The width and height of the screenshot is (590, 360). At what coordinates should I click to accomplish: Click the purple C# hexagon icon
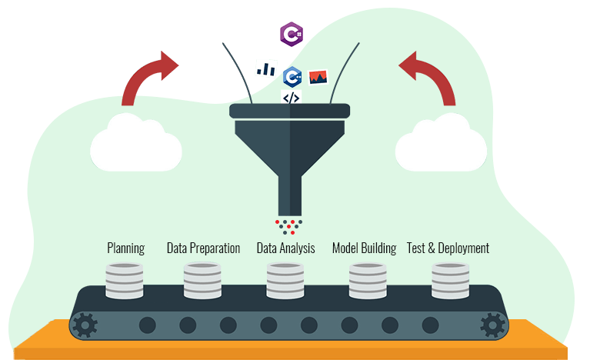[x=292, y=35]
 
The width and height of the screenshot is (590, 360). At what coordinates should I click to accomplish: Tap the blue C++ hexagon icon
[x=292, y=77]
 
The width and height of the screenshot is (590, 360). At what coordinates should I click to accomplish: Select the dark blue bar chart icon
[x=266, y=68]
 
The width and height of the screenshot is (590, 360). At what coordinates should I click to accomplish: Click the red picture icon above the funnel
[x=318, y=77]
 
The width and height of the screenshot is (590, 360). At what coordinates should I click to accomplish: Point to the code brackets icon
[x=292, y=98]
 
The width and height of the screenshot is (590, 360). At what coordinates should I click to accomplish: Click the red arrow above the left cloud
[x=142, y=76]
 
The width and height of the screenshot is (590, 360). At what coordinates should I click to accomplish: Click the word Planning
[x=125, y=248]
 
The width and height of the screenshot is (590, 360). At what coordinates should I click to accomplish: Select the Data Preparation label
[x=203, y=248]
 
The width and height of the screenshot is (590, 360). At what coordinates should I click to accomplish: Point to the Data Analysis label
[x=285, y=248]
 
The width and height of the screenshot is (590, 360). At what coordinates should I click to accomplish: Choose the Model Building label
[x=365, y=248]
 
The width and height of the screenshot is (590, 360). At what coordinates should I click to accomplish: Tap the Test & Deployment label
[x=448, y=248]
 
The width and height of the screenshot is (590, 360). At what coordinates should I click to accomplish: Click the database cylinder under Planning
[x=124, y=281]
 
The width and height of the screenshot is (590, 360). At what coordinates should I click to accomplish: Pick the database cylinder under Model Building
[x=368, y=281]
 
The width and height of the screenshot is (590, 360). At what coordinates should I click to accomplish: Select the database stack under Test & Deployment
[x=450, y=281]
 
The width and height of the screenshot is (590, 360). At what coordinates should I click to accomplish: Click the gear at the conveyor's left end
[x=85, y=325]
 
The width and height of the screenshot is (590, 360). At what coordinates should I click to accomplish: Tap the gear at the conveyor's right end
[x=493, y=325]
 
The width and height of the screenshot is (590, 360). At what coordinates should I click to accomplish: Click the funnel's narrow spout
[x=290, y=195]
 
